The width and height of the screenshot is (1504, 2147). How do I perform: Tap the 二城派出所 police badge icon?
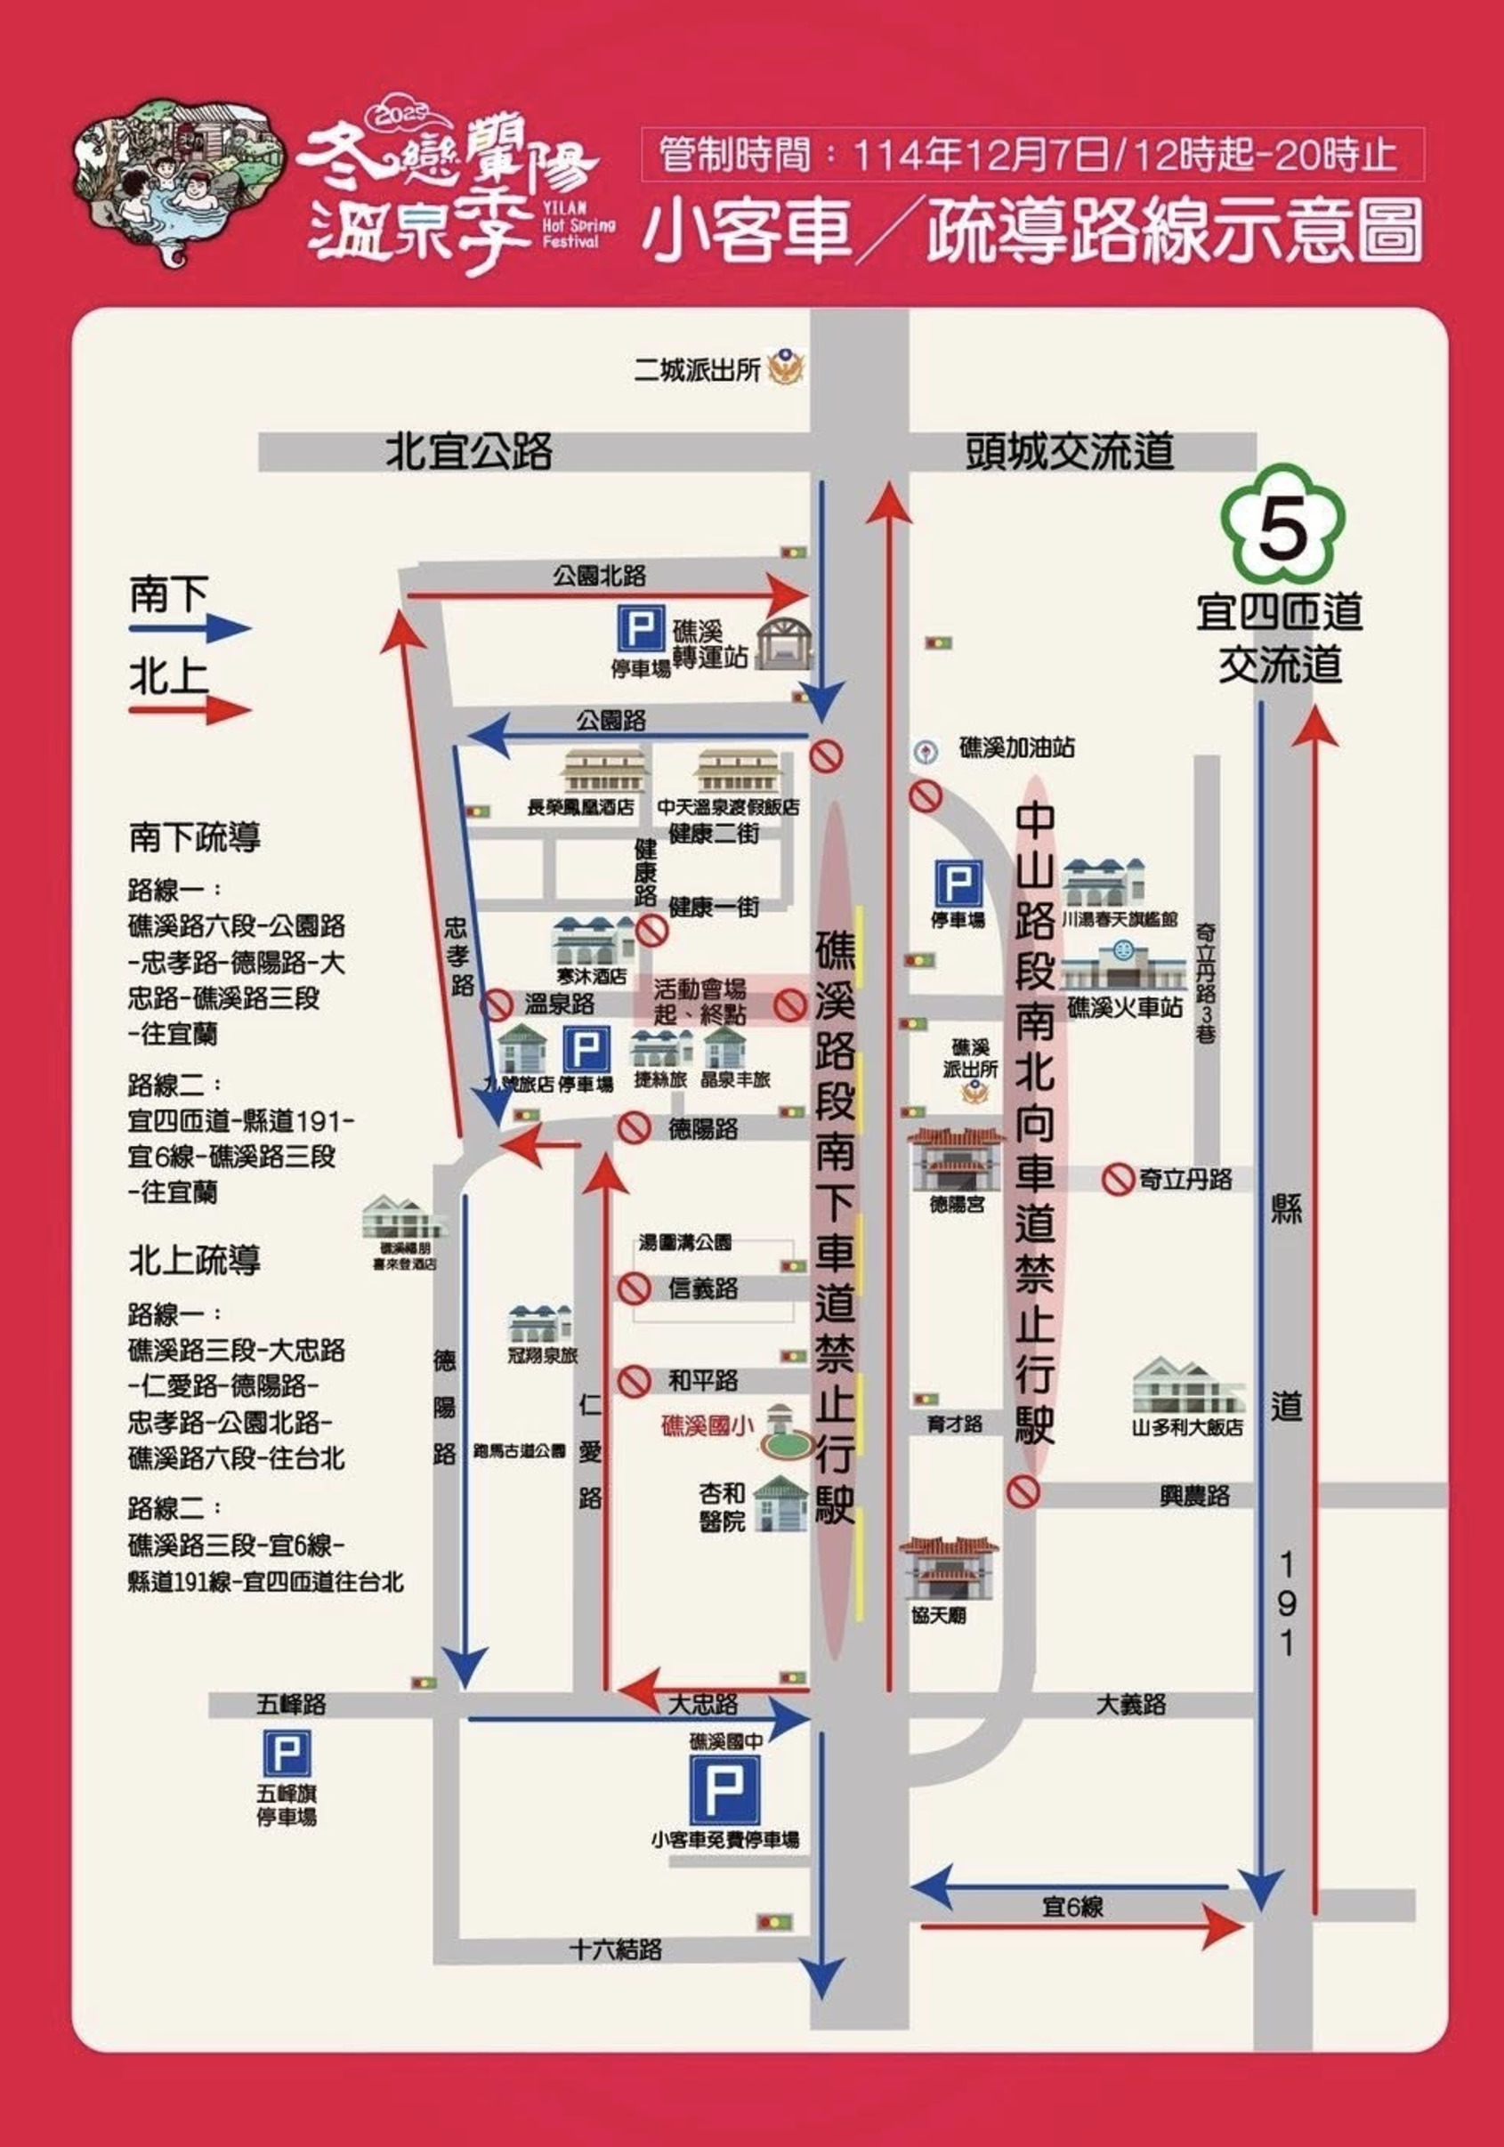click(x=786, y=367)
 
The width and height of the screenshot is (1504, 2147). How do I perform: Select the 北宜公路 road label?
click(x=469, y=452)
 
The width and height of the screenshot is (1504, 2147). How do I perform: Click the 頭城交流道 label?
click(x=1069, y=452)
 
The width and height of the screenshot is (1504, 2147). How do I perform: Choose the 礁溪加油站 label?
click(x=1016, y=748)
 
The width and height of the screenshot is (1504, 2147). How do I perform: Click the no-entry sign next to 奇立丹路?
click(x=1117, y=1179)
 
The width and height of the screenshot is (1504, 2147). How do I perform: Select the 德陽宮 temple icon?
click(x=955, y=1159)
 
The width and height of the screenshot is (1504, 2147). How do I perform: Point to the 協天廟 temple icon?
click(x=947, y=1567)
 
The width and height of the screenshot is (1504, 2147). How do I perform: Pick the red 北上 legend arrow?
click(x=190, y=711)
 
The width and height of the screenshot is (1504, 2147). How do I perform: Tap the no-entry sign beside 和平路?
click(x=635, y=1380)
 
